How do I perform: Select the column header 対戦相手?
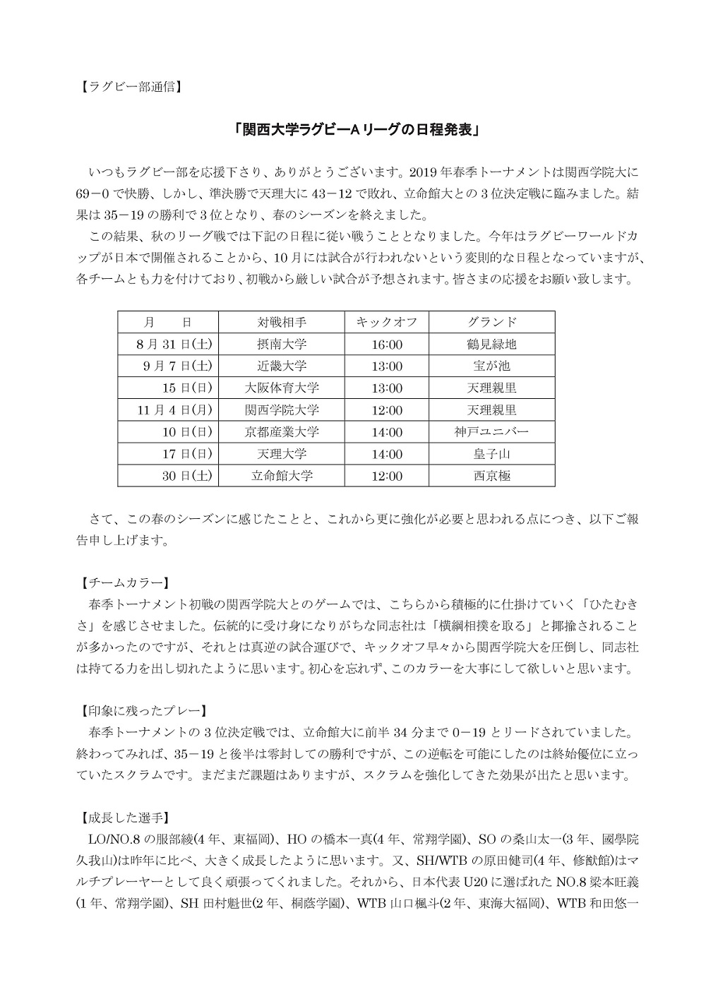click(282, 323)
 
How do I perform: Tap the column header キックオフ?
click(386, 323)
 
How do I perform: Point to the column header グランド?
click(491, 323)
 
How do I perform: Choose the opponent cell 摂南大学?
click(282, 345)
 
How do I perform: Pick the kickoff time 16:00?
click(386, 345)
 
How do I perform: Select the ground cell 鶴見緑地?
click(491, 345)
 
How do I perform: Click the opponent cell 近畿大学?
click(282, 366)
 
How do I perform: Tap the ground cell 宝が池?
click(491, 366)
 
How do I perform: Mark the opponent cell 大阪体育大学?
click(282, 388)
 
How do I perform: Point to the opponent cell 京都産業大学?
click(282, 432)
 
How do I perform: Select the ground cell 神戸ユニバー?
click(491, 432)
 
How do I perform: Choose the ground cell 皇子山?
click(491, 454)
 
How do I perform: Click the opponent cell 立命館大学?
click(282, 476)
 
